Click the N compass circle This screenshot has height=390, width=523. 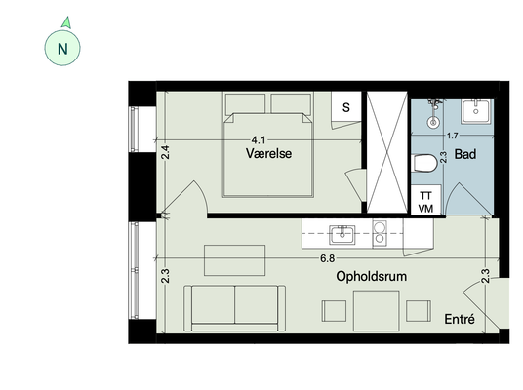click(62, 48)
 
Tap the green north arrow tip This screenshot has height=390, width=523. click(68, 17)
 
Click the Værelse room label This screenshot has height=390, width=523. click(269, 154)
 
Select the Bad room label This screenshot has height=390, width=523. click(465, 154)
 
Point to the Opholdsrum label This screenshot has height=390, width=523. click(371, 276)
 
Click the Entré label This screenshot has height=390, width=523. click(460, 319)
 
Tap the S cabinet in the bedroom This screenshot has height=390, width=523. click(346, 107)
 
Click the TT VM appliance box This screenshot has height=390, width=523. click(425, 201)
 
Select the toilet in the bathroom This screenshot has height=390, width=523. click(423, 163)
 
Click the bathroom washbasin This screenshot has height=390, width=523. click(476, 111)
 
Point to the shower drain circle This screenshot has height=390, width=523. click(433, 122)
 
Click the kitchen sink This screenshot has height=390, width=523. click(342, 235)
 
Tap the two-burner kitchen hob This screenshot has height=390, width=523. click(380, 233)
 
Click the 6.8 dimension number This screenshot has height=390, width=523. click(327, 258)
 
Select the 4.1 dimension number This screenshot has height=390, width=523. click(259, 140)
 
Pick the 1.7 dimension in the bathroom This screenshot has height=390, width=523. click(453, 136)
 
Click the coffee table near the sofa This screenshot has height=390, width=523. click(234, 260)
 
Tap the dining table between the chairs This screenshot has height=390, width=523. click(377, 311)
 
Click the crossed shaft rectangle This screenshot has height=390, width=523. click(387, 152)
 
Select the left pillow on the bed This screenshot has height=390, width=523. click(245, 104)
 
